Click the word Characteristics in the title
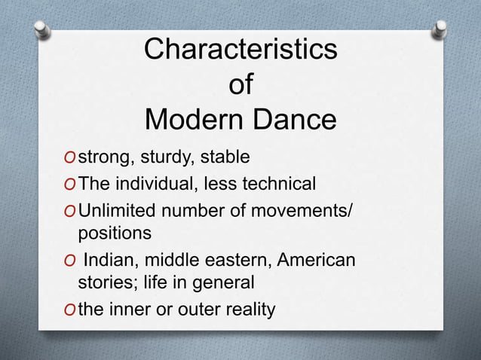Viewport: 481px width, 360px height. pos(240,50)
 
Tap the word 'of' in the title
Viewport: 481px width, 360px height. pos(240,85)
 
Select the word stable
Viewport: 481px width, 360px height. pos(222,158)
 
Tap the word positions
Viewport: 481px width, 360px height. pos(115,233)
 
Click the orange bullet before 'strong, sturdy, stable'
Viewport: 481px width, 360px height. pos(69,159)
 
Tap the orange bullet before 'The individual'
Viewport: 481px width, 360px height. pos(69,185)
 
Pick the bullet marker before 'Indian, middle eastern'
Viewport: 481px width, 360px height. pos(69,260)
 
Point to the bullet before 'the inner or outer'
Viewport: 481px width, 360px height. pos(69,310)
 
